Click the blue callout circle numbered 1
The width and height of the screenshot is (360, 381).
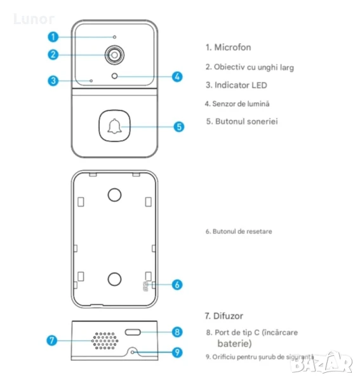click(x=53, y=37)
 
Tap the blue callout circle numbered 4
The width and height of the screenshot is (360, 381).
click(x=177, y=77)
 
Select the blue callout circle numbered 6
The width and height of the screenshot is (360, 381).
click(x=177, y=284)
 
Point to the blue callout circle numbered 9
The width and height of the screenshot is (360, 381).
click(x=177, y=352)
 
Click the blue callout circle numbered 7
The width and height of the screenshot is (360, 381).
click(x=51, y=340)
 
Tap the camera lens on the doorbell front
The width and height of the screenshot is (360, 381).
click(x=114, y=55)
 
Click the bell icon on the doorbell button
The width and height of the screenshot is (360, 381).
click(x=114, y=126)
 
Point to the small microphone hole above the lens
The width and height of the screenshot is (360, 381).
click(x=114, y=37)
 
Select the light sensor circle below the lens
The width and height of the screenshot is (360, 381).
click(x=114, y=76)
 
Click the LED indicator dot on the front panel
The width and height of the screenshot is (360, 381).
click(x=91, y=81)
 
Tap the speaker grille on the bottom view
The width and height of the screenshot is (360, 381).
click(x=105, y=340)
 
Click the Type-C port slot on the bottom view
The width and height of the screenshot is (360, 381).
click(x=133, y=332)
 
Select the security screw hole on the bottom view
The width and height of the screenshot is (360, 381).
click(x=133, y=352)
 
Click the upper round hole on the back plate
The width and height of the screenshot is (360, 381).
click(x=114, y=195)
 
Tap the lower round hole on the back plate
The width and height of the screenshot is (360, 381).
click(x=114, y=279)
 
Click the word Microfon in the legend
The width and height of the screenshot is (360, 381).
click(x=232, y=48)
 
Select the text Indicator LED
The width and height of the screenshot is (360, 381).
click(x=241, y=85)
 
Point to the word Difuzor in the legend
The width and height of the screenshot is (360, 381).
click(x=228, y=316)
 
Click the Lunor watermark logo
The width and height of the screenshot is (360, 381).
click(x=34, y=19)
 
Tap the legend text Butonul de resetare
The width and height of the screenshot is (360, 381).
click(x=242, y=231)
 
